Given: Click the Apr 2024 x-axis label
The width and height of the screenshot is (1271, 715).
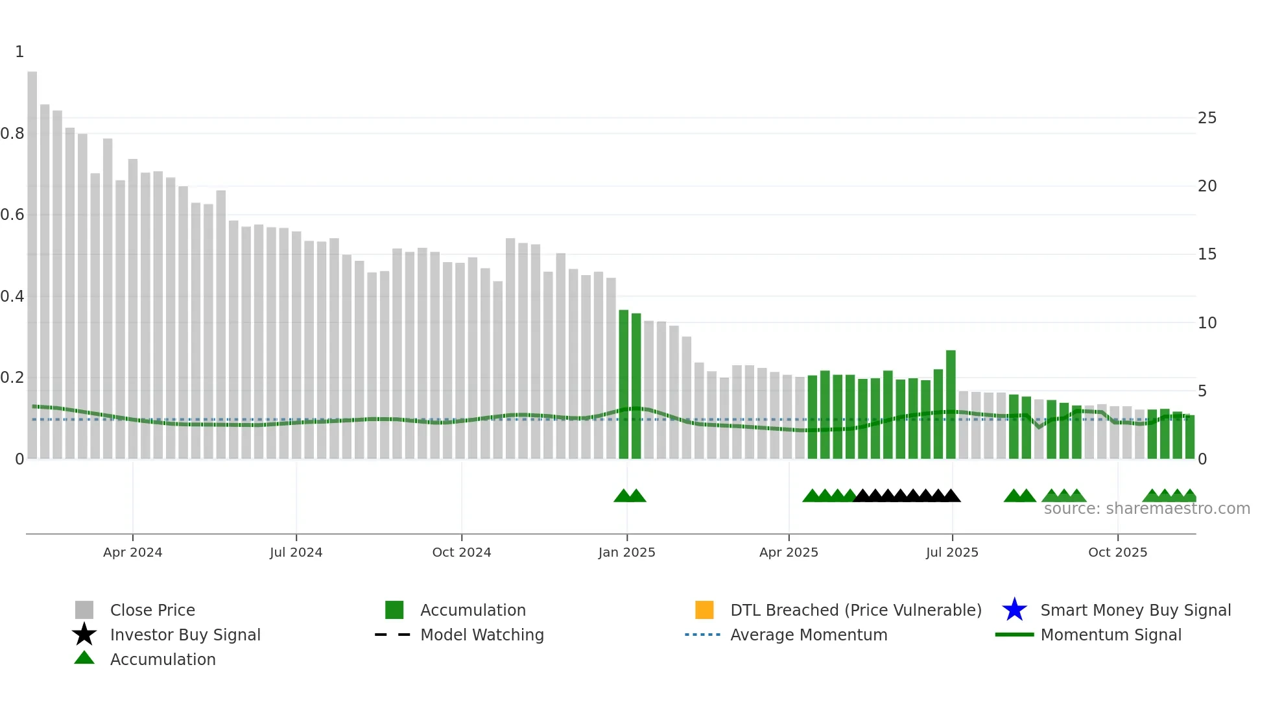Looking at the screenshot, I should coord(132,552).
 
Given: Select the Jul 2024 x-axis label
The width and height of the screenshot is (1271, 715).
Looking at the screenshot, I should coord(296,552).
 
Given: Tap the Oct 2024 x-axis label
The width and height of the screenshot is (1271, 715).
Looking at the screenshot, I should coord(461,552).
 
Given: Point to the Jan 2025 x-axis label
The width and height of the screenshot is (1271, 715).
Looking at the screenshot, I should coord(626,552).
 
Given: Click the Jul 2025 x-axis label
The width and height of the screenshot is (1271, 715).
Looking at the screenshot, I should coord(951,552).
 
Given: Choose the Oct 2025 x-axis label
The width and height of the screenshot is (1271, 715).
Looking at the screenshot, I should coord(1117,552).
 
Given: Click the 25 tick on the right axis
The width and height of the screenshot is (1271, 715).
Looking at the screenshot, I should coord(1207,118).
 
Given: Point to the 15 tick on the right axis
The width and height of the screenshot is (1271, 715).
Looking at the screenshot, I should coord(1207,254).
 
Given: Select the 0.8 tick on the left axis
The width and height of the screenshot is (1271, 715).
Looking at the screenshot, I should coord(12,134).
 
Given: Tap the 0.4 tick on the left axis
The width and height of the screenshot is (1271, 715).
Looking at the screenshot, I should coord(12,297).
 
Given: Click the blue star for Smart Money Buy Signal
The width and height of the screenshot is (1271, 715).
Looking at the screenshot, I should coord(1014,610).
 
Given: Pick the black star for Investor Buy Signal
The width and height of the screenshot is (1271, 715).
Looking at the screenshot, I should coord(84,635).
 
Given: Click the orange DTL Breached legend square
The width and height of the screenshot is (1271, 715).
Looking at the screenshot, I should coord(704,610).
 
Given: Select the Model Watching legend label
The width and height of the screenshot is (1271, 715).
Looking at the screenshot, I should coord(482,635).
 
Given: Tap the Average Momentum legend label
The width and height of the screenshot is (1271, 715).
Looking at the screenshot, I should coord(809,635).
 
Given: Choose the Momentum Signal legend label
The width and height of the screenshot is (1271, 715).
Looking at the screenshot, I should coord(1111,635).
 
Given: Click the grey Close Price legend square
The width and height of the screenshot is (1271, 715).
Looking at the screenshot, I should coord(84,610).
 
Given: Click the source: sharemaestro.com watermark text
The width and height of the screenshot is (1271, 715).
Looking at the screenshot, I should coord(1146,509).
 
